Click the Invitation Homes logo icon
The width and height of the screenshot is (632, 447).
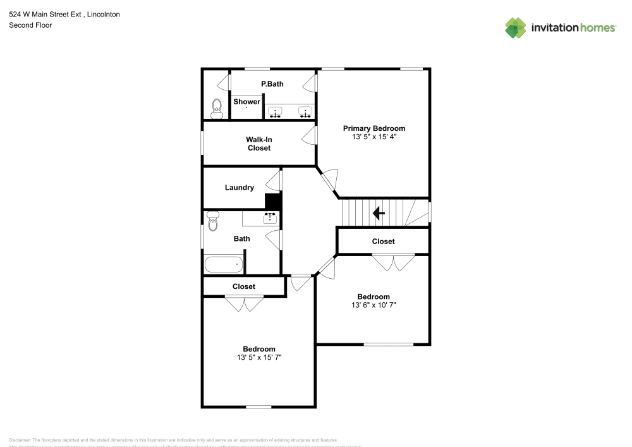tap(515, 27)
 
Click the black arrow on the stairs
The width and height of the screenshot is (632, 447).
tap(379, 213)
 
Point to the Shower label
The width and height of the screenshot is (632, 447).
tap(246, 102)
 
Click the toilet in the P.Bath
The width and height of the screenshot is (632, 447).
tap(217, 109)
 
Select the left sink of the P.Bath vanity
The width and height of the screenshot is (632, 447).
tap(276, 113)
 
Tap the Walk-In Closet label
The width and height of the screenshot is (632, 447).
tap(258, 144)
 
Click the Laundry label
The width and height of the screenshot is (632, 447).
tap(240, 187)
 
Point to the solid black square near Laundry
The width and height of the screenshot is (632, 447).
tap(272, 201)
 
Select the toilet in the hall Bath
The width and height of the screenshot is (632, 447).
tap(212, 221)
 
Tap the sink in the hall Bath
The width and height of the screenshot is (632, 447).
tap(270, 217)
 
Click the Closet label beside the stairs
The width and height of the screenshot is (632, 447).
tap(383, 242)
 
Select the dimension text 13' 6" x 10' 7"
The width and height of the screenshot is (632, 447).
tap(374, 305)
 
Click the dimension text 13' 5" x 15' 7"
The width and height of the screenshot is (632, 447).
tap(259, 357)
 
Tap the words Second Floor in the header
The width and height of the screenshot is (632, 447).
tap(30, 25)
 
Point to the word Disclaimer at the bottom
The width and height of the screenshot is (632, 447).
tap(20, 440)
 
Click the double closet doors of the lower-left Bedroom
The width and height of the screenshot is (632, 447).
tap(244, 303)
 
